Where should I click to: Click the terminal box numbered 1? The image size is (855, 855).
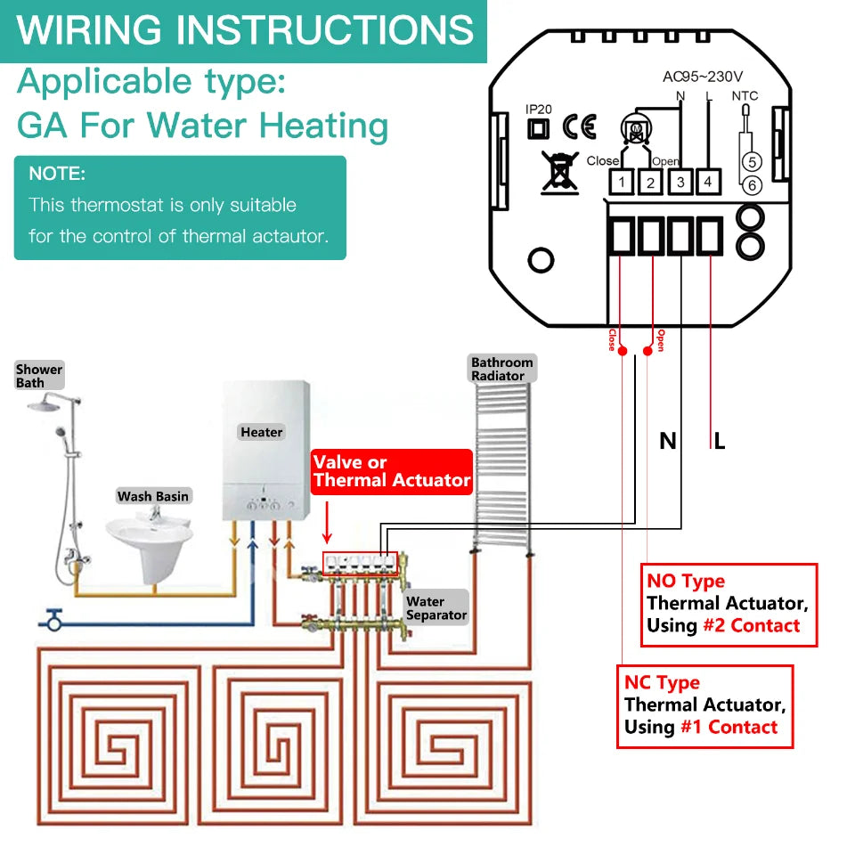point(621,182)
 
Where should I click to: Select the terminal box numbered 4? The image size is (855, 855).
point(708,182)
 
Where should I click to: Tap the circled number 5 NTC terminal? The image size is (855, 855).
point(752,162)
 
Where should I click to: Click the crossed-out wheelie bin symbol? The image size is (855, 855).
point(559,171)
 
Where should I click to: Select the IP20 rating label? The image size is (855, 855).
point(539,110)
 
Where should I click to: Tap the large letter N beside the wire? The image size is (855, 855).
point(667,440)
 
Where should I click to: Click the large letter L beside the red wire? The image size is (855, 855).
point(720,440)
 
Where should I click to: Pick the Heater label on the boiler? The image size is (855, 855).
point(262,432)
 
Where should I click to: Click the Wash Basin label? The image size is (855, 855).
point(154,496)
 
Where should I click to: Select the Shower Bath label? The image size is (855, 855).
point(39,376)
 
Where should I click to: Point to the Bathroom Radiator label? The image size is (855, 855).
point(502,369)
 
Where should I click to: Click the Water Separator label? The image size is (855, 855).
point(436,608)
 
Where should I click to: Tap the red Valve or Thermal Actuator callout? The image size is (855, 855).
point(391,472)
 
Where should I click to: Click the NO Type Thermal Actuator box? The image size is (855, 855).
point(728,604)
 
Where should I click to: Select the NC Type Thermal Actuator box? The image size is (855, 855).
point(705,705)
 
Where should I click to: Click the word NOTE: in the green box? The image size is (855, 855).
point(57,173)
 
